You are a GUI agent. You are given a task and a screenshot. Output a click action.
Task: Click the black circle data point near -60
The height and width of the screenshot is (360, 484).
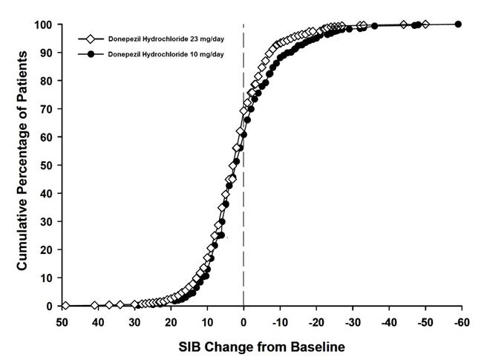(458, 24)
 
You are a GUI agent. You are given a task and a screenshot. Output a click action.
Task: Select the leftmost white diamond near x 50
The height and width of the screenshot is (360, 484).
(65, 306)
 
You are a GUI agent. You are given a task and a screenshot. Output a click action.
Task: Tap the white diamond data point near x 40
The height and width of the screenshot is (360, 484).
(94, 306)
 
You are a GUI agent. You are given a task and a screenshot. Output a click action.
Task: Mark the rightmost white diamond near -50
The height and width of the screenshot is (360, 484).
(425, 24)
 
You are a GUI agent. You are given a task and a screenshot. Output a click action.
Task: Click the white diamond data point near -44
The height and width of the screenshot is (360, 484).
(403, 24)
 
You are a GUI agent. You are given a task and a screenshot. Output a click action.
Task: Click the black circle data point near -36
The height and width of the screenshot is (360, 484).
(375, 26)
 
